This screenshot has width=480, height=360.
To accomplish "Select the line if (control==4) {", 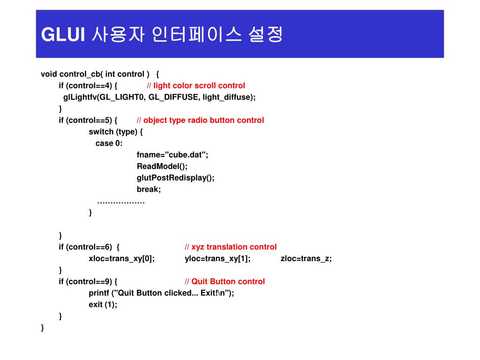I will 88,85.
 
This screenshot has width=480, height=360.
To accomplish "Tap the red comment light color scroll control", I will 199,85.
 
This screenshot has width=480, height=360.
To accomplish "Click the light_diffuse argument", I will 229,97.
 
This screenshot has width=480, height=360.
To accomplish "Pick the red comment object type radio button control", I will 203,120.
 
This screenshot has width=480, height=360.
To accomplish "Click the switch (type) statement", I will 116,132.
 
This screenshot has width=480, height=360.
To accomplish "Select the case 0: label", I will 109,143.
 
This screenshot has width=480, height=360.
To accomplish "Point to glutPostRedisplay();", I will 176,178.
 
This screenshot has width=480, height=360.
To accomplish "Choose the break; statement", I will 149,189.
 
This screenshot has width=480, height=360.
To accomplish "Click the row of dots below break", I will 121,202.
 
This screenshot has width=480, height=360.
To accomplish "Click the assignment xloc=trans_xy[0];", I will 121,258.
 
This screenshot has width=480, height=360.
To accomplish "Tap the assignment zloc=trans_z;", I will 306,258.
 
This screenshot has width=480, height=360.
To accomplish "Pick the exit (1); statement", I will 103,305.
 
